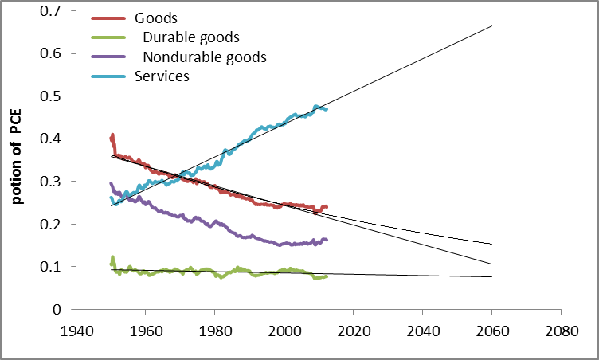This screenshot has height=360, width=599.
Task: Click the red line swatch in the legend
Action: [109, 18]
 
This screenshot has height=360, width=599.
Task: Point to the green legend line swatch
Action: [109, 37]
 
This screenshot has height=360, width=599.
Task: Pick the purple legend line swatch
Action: [109, 57]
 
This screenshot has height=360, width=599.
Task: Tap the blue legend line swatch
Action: [109, 76]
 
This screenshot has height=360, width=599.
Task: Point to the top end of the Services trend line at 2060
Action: [491, 26]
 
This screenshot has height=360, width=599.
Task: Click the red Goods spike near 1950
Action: [112, 135]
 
